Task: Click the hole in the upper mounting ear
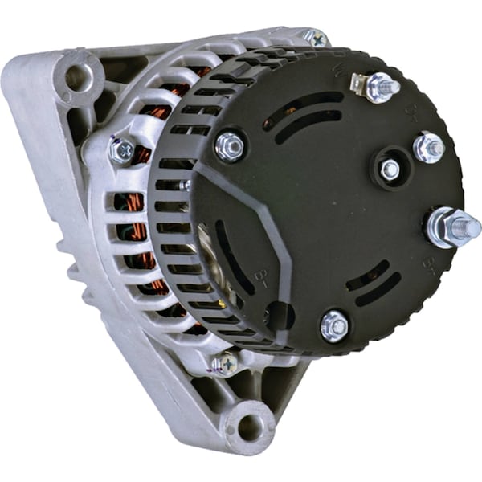[x=79, y=78]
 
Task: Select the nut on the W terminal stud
[x=379, y=86]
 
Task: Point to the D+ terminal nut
[x=428, y=147]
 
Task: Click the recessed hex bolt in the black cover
[x=390, y=170]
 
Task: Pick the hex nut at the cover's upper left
[x=230, y=146]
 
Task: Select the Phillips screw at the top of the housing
[x=315, y=37]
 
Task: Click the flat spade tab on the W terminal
[x=359, y=84]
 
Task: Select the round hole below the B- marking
[x=279, y=314]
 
